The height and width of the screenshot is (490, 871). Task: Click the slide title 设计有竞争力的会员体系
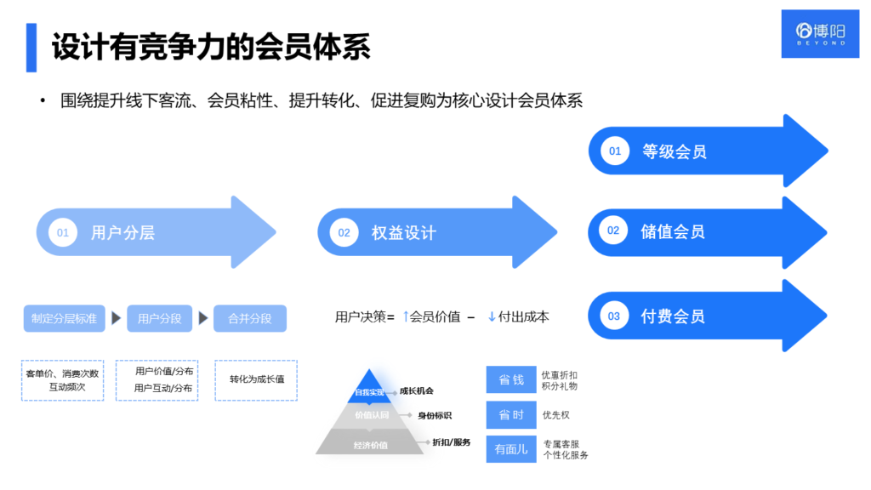[211, 48]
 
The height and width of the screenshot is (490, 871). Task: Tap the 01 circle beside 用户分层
[63, 232]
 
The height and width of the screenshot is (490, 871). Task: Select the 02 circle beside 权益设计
[344, 232]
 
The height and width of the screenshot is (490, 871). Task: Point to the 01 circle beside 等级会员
[614, 151]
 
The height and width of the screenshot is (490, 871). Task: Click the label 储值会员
[673, 231]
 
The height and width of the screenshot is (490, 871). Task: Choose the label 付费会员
[673, 316]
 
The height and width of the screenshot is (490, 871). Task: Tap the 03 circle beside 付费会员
[614, 316]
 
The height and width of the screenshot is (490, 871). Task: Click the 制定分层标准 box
[64, 318]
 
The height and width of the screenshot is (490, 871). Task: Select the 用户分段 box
[159, 318]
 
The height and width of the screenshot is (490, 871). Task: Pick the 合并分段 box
[250, 318]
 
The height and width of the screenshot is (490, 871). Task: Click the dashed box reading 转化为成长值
[256, 379]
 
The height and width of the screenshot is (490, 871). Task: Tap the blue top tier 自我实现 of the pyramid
[368, 390]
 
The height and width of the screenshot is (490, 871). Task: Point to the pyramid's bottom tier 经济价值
[370, 443]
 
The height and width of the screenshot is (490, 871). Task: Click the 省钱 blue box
[511, 379]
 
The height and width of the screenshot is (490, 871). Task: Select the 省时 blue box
[511, 414]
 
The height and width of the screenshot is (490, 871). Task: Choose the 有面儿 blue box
[511, 449]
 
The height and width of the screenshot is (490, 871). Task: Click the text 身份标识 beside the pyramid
[434, 415]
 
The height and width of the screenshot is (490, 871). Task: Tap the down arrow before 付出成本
[492, 316]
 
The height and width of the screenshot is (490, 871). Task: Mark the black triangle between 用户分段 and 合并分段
[203, 318]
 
